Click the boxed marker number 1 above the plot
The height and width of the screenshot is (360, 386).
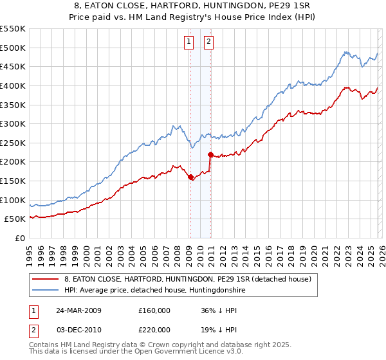(189, 42)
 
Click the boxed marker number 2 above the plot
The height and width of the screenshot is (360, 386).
(210, 42)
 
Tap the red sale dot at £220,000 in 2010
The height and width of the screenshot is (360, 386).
(210, 154)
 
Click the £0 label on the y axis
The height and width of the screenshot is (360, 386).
(21, 239)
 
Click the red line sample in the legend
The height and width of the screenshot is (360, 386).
(46, 279)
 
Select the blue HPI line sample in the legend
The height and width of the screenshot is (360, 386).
(46, 291)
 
